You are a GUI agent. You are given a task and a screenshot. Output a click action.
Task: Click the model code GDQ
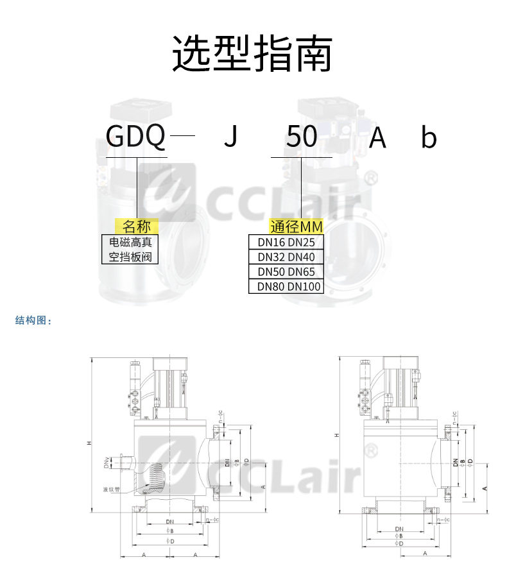135,137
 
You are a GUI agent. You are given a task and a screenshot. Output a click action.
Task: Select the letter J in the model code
230,137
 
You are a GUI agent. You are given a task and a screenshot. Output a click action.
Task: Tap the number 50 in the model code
301,137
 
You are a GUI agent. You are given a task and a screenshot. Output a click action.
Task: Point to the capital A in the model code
377,137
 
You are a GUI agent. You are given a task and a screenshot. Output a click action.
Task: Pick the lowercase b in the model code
428,137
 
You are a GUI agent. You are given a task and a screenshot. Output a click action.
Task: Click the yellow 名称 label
136,226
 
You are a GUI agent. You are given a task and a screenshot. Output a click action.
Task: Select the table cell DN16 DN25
286,242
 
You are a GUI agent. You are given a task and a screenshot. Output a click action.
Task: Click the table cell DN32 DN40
286,257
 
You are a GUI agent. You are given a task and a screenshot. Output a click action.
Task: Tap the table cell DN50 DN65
286,271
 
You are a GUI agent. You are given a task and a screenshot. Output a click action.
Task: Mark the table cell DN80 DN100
286,286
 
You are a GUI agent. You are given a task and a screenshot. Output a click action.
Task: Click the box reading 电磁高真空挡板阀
130,250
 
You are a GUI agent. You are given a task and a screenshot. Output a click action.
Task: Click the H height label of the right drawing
336,436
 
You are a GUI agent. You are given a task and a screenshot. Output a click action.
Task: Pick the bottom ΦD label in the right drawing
399,543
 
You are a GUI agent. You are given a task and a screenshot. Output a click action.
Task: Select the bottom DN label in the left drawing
169,522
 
